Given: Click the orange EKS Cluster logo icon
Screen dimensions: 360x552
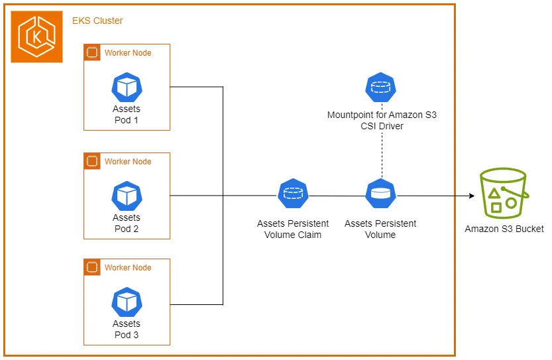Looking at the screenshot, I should [37, 36].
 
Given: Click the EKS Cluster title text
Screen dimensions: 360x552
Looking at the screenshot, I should [97, 21].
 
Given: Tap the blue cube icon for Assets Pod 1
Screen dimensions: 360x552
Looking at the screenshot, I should [127, 87].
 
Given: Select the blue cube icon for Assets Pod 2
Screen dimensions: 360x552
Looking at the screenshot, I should [127, 196].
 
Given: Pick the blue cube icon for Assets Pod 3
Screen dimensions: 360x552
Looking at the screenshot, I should [127, 302].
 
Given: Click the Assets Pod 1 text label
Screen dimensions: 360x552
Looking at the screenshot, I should [127, 114].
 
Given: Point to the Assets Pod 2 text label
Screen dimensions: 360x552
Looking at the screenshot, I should [127, 223].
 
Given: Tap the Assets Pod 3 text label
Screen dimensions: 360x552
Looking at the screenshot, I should [127, 329].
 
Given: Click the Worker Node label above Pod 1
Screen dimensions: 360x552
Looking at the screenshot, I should [128, 52].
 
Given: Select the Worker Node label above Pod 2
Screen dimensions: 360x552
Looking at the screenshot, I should [128, 161].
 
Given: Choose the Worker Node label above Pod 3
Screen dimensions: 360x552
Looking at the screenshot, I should [128, 267].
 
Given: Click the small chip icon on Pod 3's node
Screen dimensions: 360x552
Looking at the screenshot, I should [92, 267].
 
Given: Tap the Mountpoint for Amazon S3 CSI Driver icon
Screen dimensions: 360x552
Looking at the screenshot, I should [380, 87].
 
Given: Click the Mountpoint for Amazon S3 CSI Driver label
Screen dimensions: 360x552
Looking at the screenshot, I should [382, 120].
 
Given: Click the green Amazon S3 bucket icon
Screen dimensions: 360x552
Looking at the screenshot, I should [504, 193].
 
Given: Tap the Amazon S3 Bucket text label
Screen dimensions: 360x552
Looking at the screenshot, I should [504, 229].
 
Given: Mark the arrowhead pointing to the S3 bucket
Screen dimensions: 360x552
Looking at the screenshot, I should [472, 196].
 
